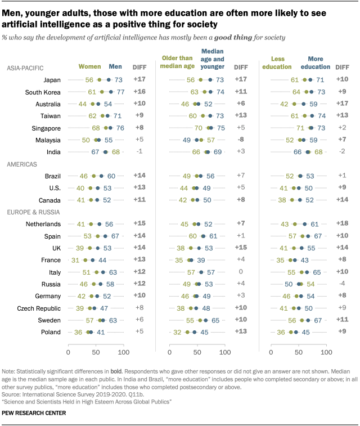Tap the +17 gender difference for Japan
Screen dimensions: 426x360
coord(139,80)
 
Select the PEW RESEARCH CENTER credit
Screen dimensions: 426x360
coord(35,414)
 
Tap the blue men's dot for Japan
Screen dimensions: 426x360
coord(108,80)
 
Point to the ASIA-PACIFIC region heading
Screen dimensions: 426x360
coord(25,68)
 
